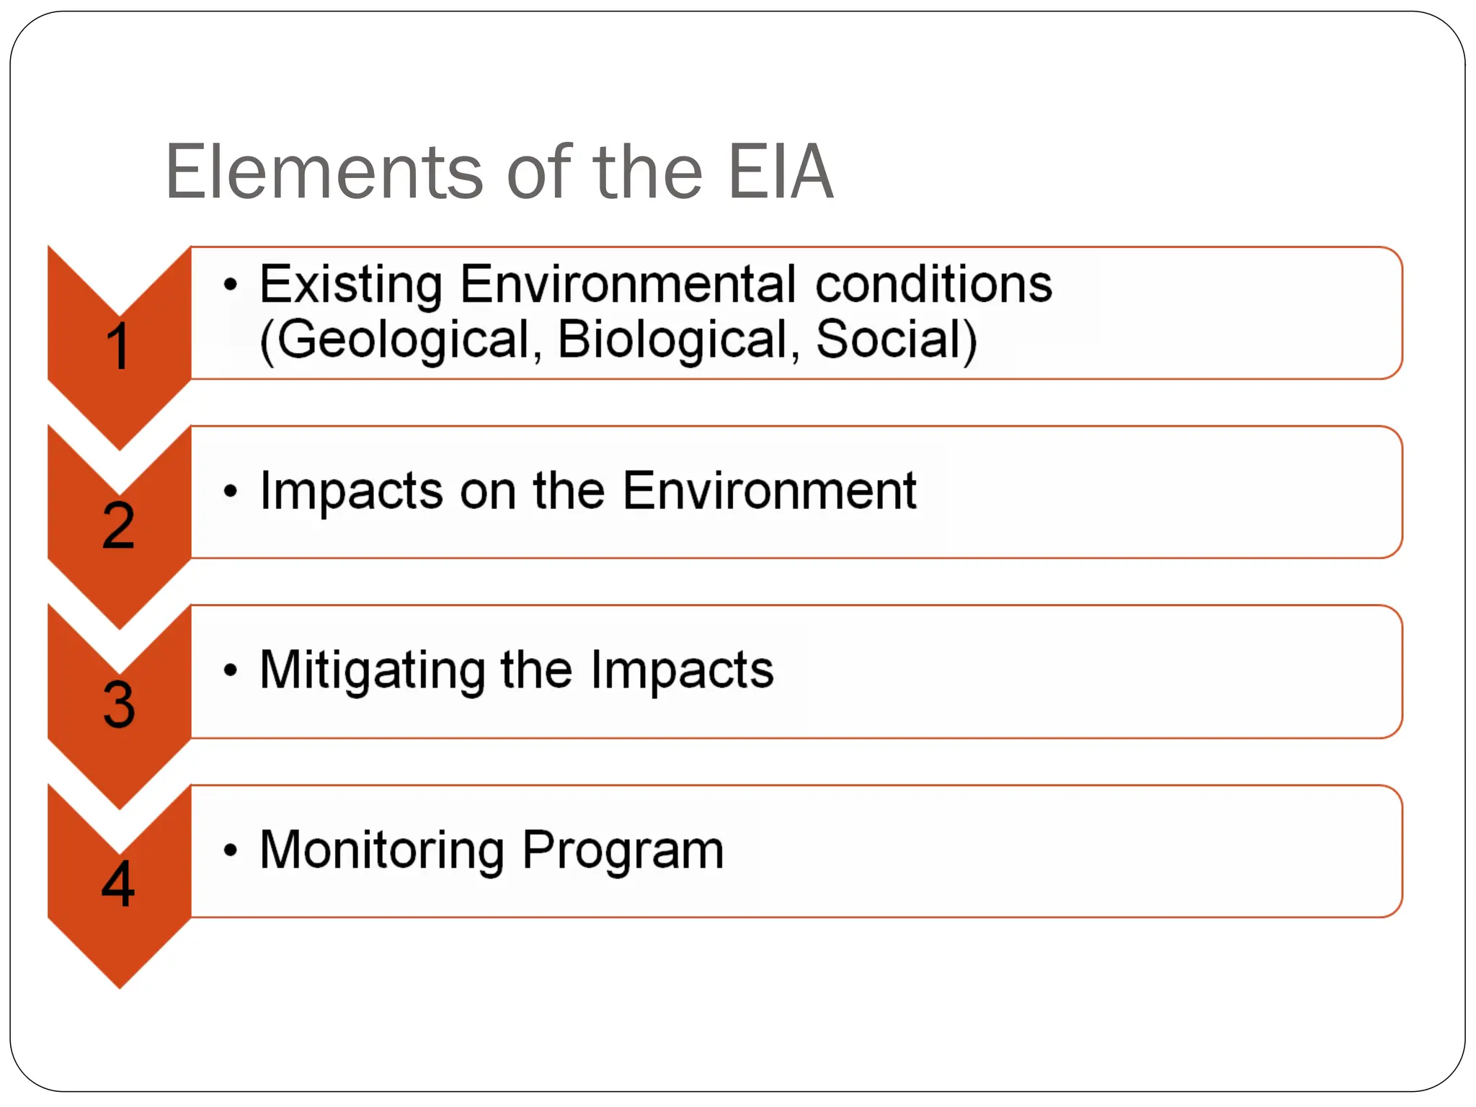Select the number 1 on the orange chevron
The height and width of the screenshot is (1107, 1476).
point(118,347)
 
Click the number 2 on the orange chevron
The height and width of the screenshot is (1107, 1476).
point(119,526)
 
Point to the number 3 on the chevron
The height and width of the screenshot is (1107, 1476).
point(119,705)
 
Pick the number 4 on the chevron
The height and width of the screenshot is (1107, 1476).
point(118,884)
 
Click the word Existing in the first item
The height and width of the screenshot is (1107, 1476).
point(351,285)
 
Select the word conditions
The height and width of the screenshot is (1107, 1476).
point(933,284)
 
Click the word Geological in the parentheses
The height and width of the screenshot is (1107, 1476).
point(403,340)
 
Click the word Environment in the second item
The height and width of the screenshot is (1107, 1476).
point(769,491)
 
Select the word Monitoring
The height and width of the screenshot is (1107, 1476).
point(382,851)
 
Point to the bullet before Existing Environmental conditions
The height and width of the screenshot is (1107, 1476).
point(230,285)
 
